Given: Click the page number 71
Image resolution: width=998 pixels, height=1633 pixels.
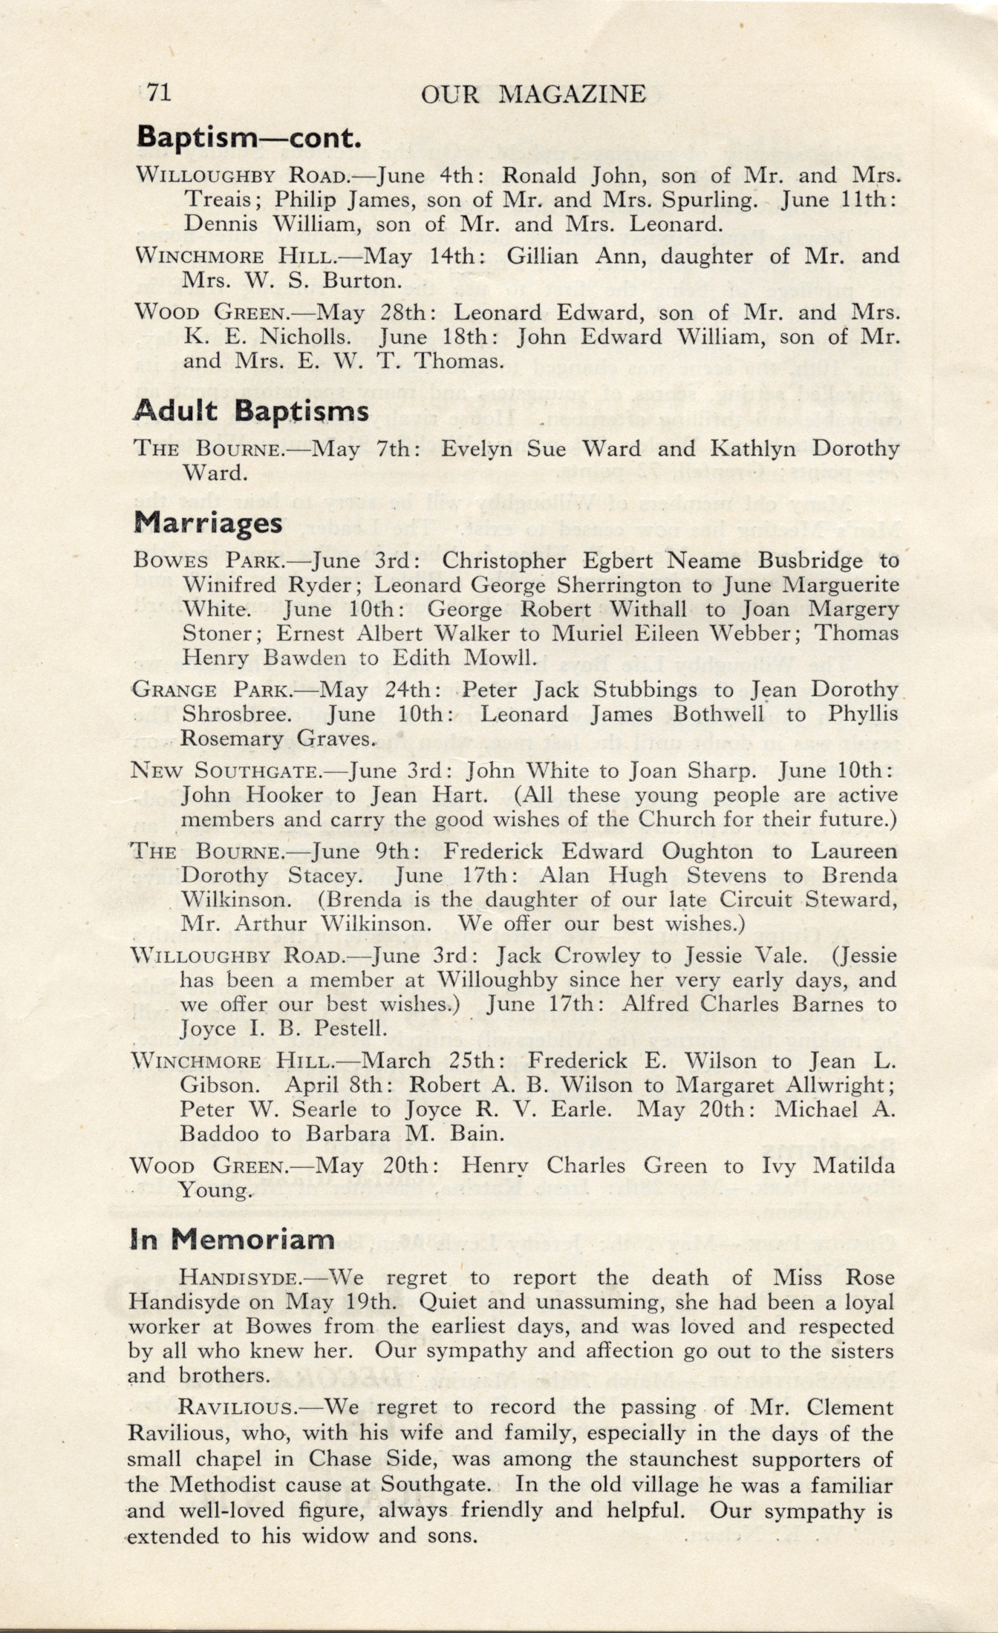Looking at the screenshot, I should click(x=159, y=93).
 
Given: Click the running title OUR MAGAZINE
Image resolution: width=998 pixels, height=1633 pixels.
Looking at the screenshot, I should click(x=533, y=94).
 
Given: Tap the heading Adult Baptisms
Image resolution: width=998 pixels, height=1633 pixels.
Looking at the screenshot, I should click(x=252, y=411).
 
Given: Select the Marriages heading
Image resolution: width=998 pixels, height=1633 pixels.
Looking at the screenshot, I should click(x=208, y=523).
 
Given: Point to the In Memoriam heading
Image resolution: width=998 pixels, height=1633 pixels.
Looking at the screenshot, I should click(x=232, y=1238).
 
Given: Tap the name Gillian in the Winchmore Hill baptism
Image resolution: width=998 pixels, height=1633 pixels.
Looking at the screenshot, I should click(x=546, y=256).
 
